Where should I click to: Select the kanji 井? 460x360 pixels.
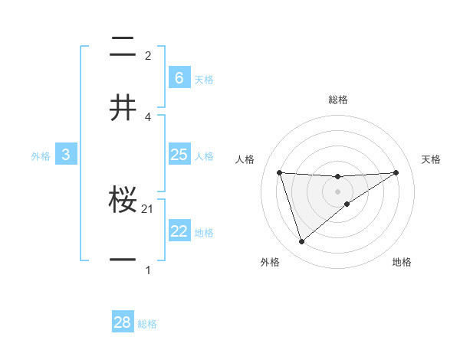(x=123, y=107)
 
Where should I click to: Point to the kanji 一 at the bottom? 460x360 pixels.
(x=123, y=260)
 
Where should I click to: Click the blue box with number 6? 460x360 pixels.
(x=179, y=77)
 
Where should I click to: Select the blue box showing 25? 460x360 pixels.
(x=179, y=155)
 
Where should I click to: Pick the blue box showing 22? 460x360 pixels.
(x=179, y=231)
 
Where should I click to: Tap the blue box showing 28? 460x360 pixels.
(x=123, y=322)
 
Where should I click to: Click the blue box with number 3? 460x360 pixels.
(x=66, y=155)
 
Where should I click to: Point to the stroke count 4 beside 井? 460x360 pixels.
(x=148, y=116)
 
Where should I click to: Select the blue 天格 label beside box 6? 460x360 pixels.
(x=204, y=79)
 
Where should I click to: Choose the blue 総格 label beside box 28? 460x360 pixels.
(x=147, y=324)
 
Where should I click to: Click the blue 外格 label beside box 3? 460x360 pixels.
(x=41, y=156)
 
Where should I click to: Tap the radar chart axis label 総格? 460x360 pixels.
(x=338, y=100)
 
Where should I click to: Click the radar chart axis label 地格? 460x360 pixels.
(x=402, y=262)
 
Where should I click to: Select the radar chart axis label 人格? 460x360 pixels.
(x=245, y=159)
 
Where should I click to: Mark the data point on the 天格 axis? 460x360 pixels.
(x=396, y=172)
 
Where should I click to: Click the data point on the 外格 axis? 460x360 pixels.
(x=301, y=242)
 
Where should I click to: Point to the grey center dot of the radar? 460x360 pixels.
(x=338, y=191)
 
